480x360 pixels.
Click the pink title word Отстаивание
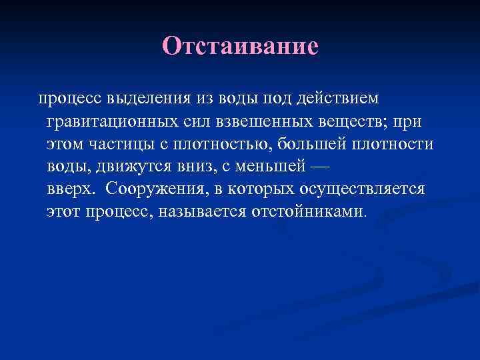(x=240, y=46)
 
